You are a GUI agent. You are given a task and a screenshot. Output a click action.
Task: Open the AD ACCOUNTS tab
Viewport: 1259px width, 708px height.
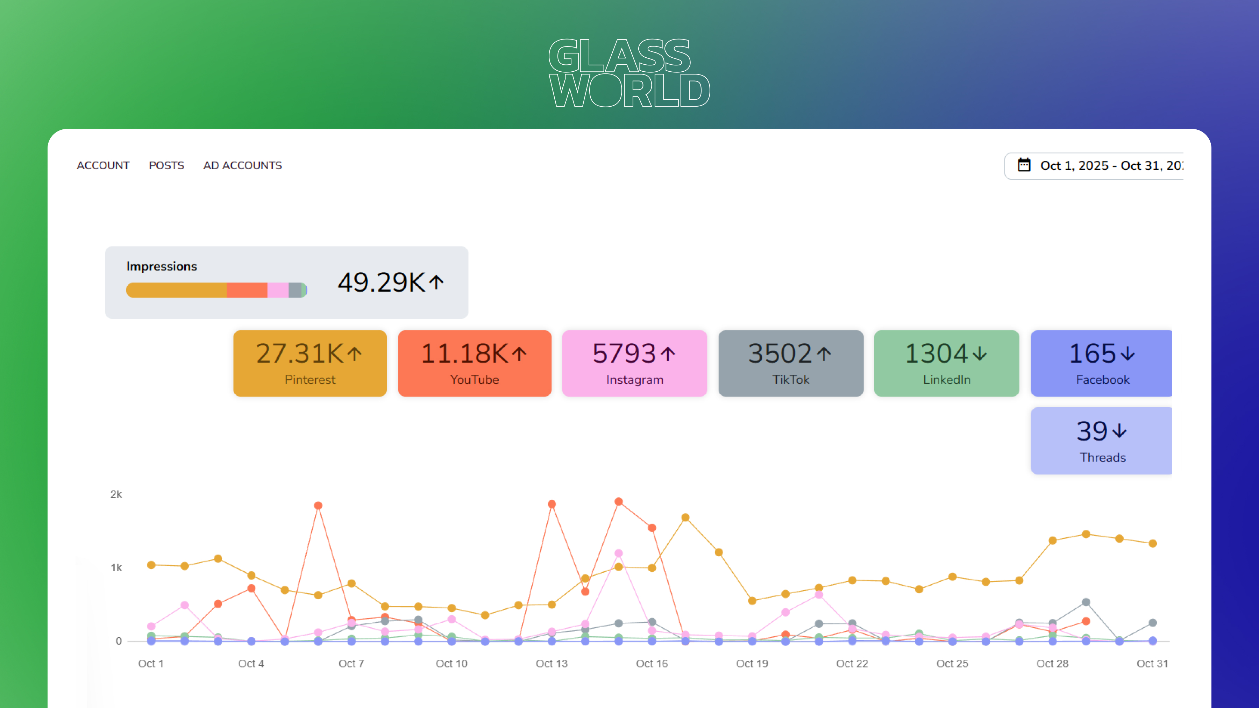[242, 166]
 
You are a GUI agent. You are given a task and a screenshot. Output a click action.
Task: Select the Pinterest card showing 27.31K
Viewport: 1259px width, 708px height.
[310, 363]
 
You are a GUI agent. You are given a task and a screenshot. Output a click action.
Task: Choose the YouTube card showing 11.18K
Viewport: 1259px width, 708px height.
[475, 363]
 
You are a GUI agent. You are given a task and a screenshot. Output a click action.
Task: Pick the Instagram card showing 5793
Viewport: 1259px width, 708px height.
[634, 363]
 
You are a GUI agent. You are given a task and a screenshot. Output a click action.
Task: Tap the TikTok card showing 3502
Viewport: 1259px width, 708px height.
[791, 363]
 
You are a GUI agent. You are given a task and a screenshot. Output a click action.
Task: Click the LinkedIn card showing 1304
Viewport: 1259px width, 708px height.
[947, 363]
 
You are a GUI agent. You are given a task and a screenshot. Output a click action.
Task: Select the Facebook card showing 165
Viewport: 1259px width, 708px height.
[1102, 363]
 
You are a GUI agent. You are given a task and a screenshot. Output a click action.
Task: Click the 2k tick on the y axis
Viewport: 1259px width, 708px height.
[116, 494]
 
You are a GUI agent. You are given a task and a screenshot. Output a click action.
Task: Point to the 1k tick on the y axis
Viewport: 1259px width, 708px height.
[116, 568]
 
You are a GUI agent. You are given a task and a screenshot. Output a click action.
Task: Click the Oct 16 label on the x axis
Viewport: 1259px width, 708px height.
[652, 664]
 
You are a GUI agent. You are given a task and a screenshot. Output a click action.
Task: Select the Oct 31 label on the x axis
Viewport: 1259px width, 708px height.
[1152, 664]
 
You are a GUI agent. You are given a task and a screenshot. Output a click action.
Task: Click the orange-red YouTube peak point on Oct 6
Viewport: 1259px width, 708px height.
[318, 506]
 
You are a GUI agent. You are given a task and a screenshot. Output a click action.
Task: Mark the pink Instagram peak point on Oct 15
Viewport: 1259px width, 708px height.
[619, 553]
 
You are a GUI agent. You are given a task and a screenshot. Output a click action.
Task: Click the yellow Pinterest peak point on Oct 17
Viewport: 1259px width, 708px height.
[685, 517]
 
